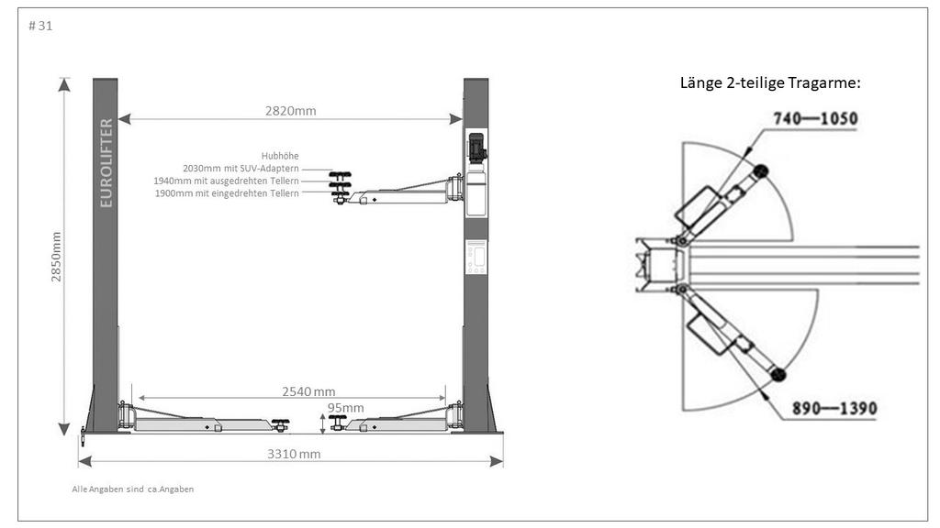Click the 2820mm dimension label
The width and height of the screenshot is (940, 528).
tap(290, 111)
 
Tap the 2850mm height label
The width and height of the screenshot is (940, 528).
tap(56, 257)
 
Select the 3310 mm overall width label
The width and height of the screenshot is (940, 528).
tap(294, 454)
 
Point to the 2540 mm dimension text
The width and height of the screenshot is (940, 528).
tap(308, 391)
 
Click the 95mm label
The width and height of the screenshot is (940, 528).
tap(346, 408)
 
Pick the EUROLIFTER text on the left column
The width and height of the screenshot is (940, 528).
tap(106, 163)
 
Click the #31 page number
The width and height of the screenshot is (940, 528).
tap(40, 26)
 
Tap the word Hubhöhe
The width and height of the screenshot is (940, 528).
tap(280, 156)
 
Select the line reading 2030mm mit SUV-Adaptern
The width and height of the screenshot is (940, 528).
tap(241, 169)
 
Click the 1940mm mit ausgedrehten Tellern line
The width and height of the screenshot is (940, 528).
tap(226, 181)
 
